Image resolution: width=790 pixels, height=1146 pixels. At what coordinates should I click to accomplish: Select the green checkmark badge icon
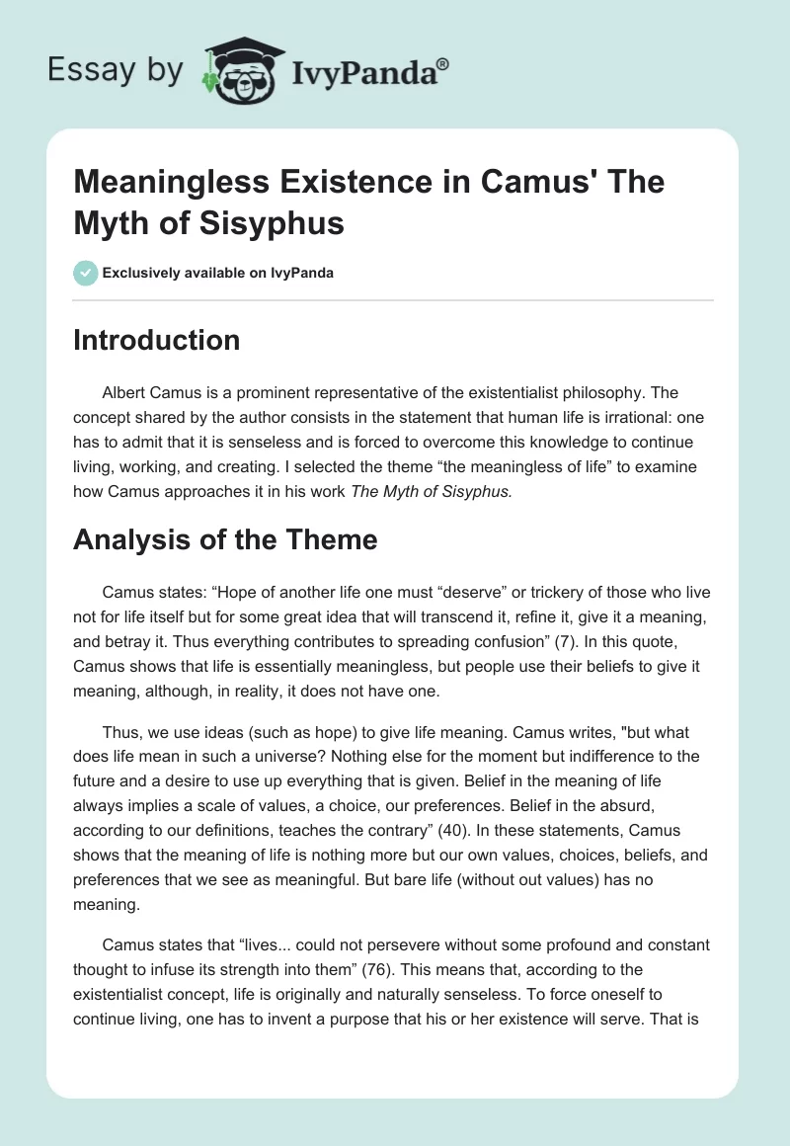pos(85,272)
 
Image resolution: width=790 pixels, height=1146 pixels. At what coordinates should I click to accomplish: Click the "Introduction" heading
pos(157,340)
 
